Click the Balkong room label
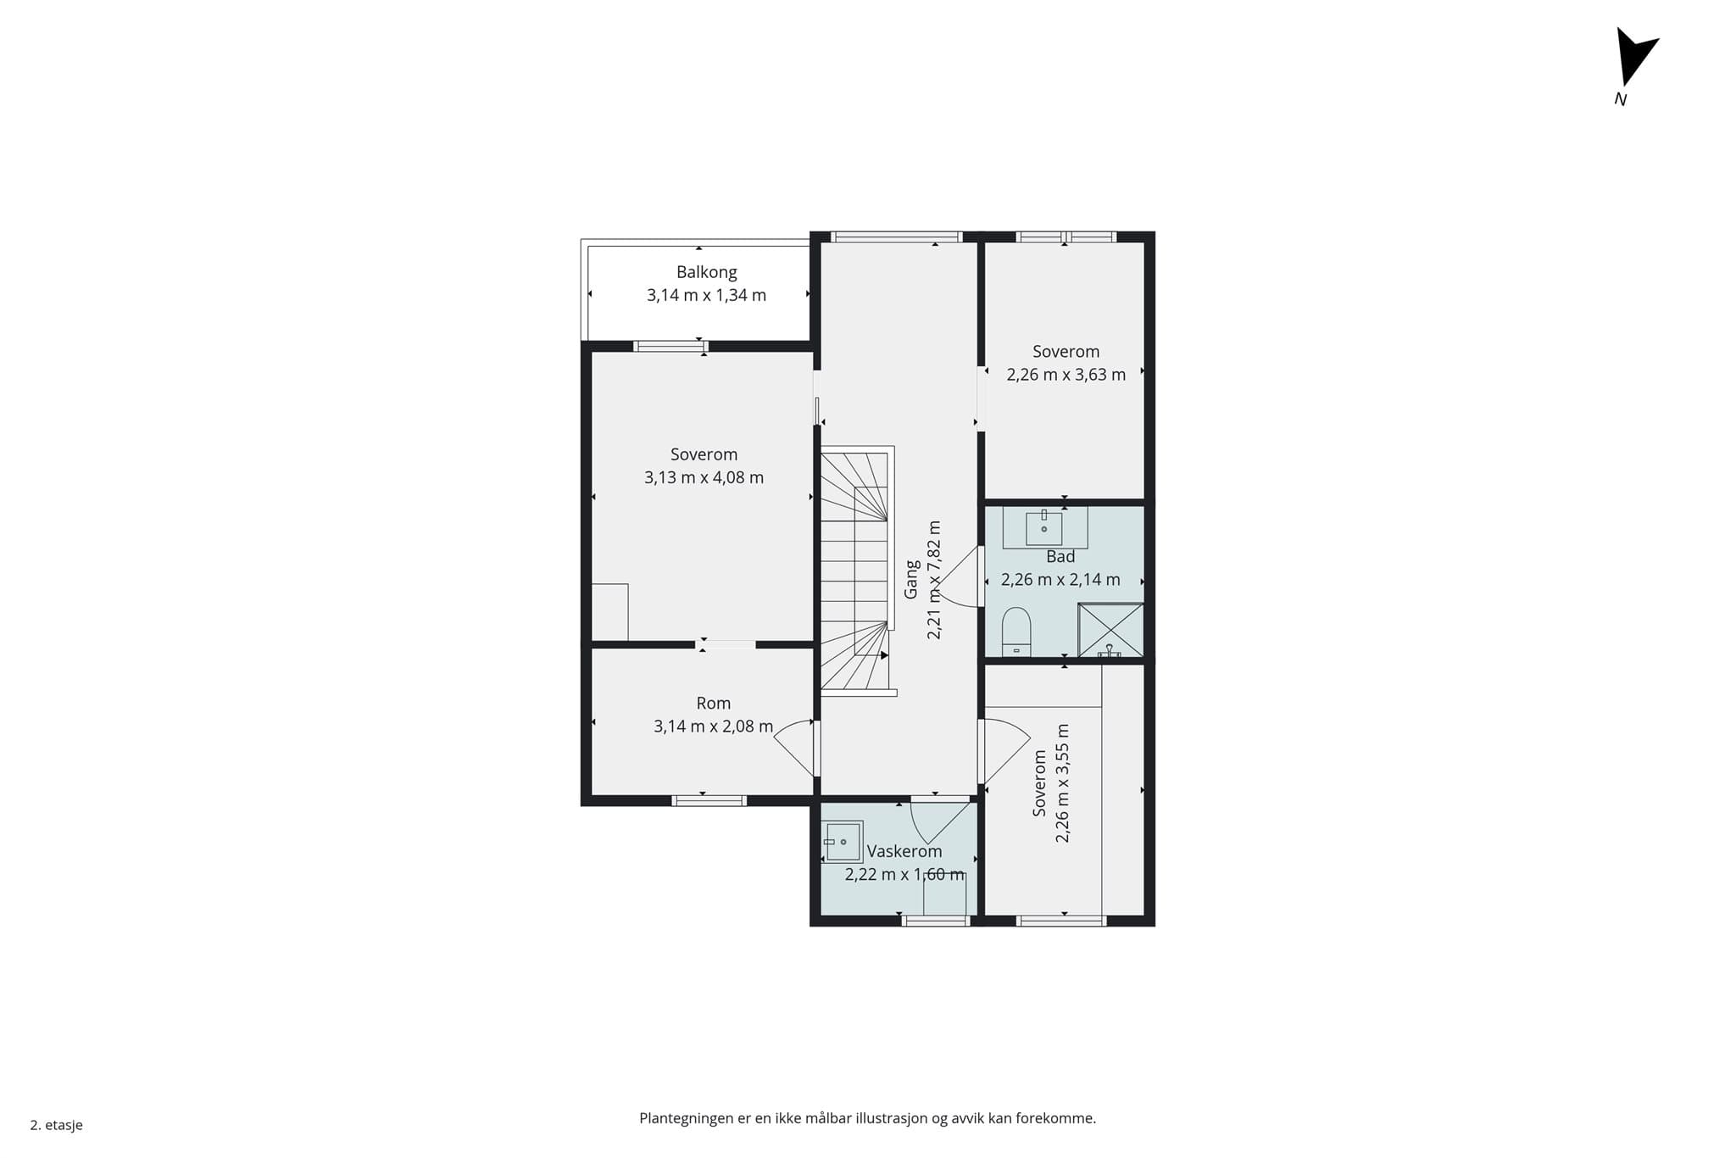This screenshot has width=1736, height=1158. click(706, 272)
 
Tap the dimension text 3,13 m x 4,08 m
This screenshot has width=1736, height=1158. click(704, 477)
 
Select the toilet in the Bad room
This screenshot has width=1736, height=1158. click(1016, 632)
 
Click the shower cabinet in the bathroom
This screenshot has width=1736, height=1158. click(1110, 630)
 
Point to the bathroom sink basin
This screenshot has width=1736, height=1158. click(1044, 528)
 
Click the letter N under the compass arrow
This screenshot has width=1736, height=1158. click(1621, 99)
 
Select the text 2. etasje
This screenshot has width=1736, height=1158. click(57, 1125)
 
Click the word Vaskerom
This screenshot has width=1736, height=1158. click(904, 851)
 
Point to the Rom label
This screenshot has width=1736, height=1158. click(713, 703)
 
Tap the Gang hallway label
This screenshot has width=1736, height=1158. click(911, 580)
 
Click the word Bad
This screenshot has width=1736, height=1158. click(1060, 556)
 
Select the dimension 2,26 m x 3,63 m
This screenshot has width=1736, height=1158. click(1066, 375)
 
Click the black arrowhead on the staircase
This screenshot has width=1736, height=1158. click(884, 655)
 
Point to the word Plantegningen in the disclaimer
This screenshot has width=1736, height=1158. click(687, 1119)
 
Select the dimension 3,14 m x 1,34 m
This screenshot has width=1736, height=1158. click(706, 295)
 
